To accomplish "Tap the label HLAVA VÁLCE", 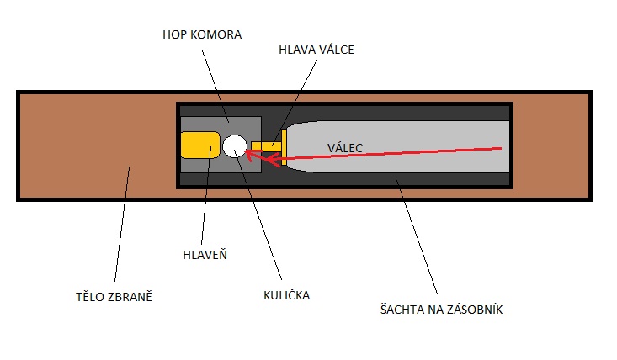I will [x=317, y=50].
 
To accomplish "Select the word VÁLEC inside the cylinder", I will [x=345, y=148].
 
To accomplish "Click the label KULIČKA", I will [x=285, y=295].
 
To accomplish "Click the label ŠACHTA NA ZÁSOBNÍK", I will [x=442, y=310].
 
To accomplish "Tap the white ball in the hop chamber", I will [x=234, y=145].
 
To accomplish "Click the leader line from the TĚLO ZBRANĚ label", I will [x=120, y=227].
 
